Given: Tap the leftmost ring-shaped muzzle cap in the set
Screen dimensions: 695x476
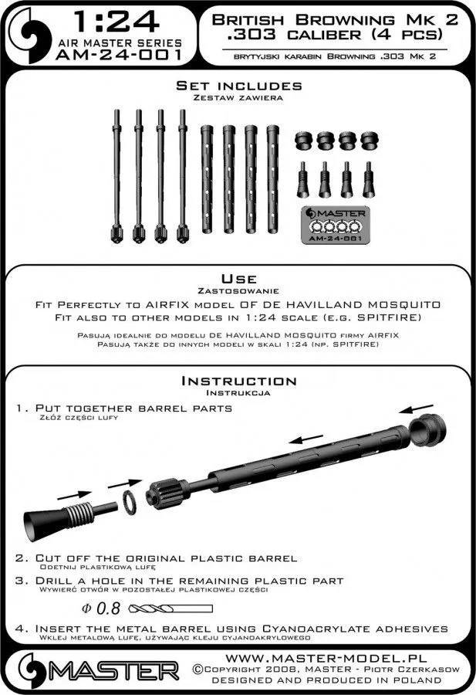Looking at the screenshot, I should coord(302,141).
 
